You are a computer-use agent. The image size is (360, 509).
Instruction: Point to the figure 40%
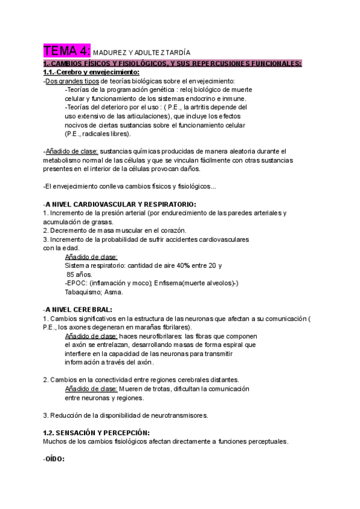pyautogui.click(x=184, y=265)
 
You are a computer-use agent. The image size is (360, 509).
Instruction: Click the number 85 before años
pyautogui.click(x=71, y=274)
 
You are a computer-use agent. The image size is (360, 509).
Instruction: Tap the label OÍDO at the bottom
pyautogui.click(x=55, y=459)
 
